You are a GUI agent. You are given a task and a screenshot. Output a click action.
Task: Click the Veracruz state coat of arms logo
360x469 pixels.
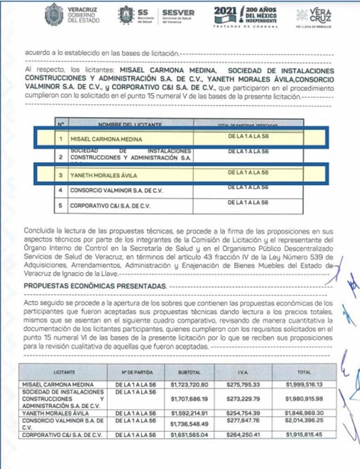click(54, 14)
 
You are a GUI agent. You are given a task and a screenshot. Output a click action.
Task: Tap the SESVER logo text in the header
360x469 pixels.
click(178, 13)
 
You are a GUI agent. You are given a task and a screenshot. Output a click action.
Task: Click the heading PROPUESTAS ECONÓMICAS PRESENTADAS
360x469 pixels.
click(94, 286)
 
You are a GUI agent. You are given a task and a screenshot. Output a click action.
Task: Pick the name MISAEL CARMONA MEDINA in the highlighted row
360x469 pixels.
click(106, 140)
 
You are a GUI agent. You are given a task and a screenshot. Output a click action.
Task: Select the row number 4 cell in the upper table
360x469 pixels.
click(60, 190)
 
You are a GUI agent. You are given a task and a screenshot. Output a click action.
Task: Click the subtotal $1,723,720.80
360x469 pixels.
click(189, 385)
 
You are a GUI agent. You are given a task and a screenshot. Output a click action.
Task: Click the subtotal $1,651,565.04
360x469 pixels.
click(189, 435)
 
